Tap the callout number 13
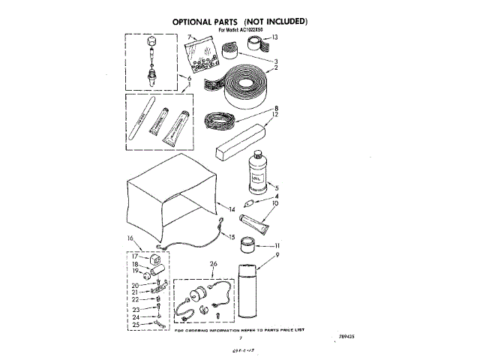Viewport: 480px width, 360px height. pyautogui.click(x=274, y=37)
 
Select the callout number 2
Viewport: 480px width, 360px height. pyautogui.click(x=276, y=68)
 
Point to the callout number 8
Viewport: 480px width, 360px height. pyautogui.click(x=276, y=107)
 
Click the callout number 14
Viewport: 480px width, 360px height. pyautogui.click(x=232, y=208)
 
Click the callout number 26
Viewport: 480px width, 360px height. pyautogui.click(x=213, y=263)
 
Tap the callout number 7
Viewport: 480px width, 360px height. pyautogui.click(x=190, y=36)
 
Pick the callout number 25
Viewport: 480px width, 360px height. pyautogui.click(x=136, y=324)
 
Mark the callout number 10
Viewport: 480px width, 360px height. pyautogui.click(x=275, y=203)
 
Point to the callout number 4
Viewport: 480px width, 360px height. pyautogui.click(x=276, y=196)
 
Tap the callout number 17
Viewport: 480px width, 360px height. pyautogui.click(x=136, y=256)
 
